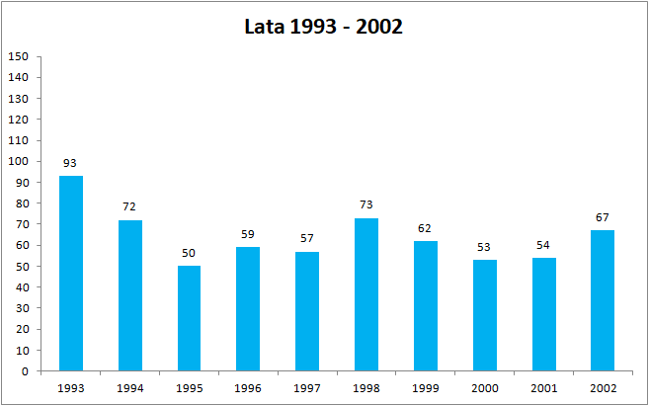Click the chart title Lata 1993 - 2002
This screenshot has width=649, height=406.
[x=324, y=27]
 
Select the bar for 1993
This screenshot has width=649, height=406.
[x=71, y=274]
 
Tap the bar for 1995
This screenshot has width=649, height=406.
[x=189, y=319]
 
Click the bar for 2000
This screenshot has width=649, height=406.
[x=485, y=316]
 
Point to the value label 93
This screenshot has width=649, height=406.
[x=71, y=163]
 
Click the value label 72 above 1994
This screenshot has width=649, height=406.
[x=130, y=207]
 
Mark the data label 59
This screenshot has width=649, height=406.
[x=248, y=235]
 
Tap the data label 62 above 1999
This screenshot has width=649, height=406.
[x=426, y=228]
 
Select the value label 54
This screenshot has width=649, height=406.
[x=543, y=245]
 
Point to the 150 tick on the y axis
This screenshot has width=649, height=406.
[x=18, y=56]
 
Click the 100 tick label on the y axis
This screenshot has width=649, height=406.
[x=18, y=161]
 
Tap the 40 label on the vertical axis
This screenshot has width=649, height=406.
[x=21, y=287]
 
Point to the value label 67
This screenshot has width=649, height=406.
[x=603, y=217]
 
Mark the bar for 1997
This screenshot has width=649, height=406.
[x=307, y=312]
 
